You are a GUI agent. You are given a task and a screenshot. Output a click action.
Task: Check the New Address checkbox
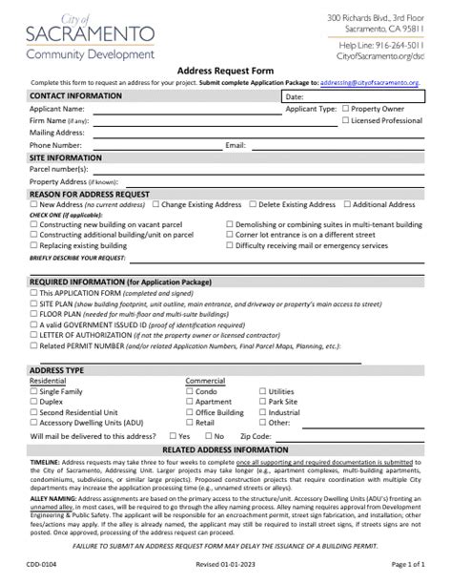point(34,205)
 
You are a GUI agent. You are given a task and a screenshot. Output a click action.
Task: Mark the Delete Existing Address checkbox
point(253,205)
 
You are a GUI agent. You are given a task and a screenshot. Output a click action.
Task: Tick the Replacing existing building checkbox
point(34,245)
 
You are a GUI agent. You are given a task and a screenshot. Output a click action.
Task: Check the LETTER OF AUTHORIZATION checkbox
point(34,334)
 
